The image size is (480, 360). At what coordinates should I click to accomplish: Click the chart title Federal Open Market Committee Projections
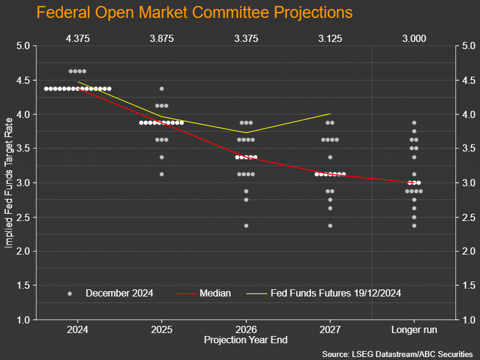[x=194, y=13]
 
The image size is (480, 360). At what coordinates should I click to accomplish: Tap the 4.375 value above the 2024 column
[x=78, y=38]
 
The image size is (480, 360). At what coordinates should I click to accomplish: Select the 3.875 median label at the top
[x=162, y=38]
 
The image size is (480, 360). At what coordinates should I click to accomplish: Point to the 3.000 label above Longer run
[x=414, y=38]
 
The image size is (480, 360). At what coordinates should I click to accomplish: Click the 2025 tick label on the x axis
[x=162, y=329]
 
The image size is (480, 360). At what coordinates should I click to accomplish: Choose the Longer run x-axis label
[x=414, y=329]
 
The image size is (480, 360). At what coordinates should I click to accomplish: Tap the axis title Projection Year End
[x=246, y=340]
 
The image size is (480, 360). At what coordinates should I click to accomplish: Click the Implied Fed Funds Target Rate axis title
[x=8, y=183]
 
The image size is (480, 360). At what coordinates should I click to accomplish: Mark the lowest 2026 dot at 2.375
[x=246, y=226]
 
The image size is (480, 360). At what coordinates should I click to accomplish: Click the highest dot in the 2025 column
[x=162, y=89]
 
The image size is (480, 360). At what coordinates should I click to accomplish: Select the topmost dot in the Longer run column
[x=414, y=123]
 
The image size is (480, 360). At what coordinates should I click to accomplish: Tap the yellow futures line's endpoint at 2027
[x=330, y=114]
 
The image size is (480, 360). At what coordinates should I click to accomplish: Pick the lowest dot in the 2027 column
[x=330, y=226]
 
